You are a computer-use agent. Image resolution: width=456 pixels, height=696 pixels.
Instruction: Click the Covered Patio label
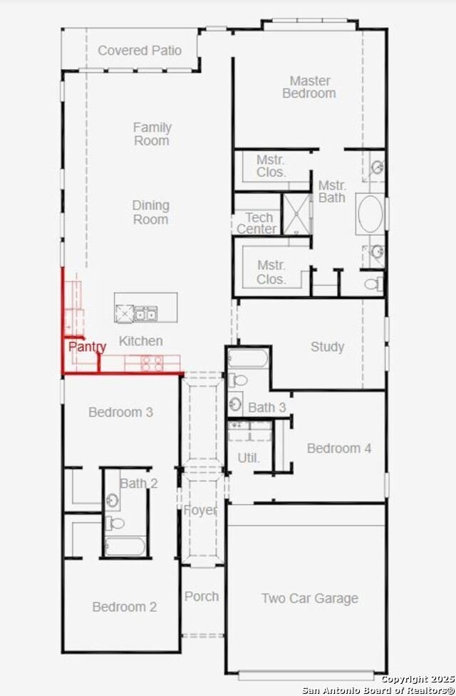click(140, 51)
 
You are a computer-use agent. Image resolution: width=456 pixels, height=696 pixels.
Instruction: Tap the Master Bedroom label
click(309, 87)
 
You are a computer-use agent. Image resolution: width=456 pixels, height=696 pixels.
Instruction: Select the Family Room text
click(152, 134)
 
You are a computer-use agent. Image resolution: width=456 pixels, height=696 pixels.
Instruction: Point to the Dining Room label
click(150, 212)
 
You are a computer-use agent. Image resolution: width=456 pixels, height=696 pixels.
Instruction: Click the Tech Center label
click(257, 223)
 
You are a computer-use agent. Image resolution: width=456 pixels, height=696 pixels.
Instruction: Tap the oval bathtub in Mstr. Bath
click(370, 214)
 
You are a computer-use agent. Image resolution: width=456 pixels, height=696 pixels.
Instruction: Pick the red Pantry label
click(87, 347)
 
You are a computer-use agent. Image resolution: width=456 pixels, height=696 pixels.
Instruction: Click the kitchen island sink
click(146, 313)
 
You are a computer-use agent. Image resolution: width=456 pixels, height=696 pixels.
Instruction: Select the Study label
click(327, 347)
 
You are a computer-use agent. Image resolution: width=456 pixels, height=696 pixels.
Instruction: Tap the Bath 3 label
click(266, 407)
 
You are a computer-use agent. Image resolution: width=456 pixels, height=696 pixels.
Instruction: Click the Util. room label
click(249, 457)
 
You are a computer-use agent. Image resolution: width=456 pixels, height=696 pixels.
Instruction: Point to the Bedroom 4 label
click(338, 448)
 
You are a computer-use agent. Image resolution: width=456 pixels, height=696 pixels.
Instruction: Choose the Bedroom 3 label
click(120, 412)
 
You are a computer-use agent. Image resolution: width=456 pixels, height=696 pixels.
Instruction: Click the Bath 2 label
click(138, 483)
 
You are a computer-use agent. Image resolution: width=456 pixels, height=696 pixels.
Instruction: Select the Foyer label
click(200, 510)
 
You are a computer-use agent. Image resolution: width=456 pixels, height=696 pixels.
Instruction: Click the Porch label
click(202, 596)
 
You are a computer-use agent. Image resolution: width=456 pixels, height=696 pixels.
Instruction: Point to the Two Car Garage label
click(309, 598)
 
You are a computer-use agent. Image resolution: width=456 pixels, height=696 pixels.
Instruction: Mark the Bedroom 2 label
click(124, 607)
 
